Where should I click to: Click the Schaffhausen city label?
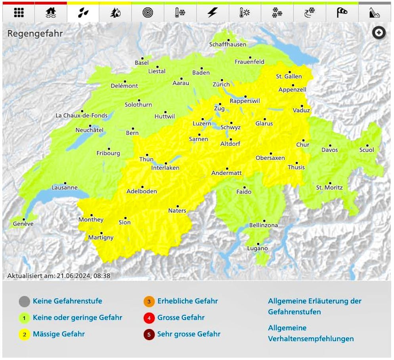click(x=228, y=44)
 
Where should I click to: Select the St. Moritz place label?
click(x=329, y=188)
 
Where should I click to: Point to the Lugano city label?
click(x=258, y=249)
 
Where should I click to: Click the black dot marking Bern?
click(x=132, y=128)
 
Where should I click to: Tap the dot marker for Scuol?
click(x=367, y=146)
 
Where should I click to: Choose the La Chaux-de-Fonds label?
click(x=81, y=116)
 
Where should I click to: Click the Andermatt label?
click(x=226, y=173)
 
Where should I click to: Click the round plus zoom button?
click(x=379, y=33)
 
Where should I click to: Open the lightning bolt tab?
click(x=212, y=13)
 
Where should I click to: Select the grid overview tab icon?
click(x=18, y=13)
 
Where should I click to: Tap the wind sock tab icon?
click(x=342, y=13)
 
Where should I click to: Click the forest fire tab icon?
click(x=115, y=13)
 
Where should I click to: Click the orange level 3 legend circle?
click(x=149, y=302)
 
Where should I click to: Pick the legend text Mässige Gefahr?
click(x=59, y=334)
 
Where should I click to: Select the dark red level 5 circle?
click(x=149, y=335)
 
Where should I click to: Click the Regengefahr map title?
click(x=35, y=34)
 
